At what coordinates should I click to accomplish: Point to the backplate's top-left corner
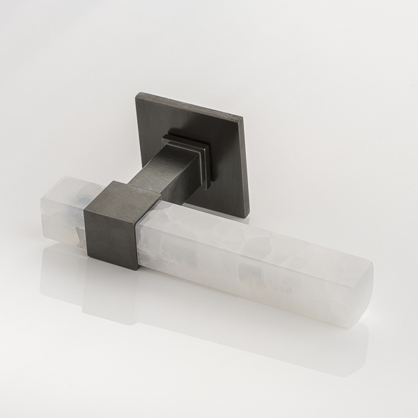134,91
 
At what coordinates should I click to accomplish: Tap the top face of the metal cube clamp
118,191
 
